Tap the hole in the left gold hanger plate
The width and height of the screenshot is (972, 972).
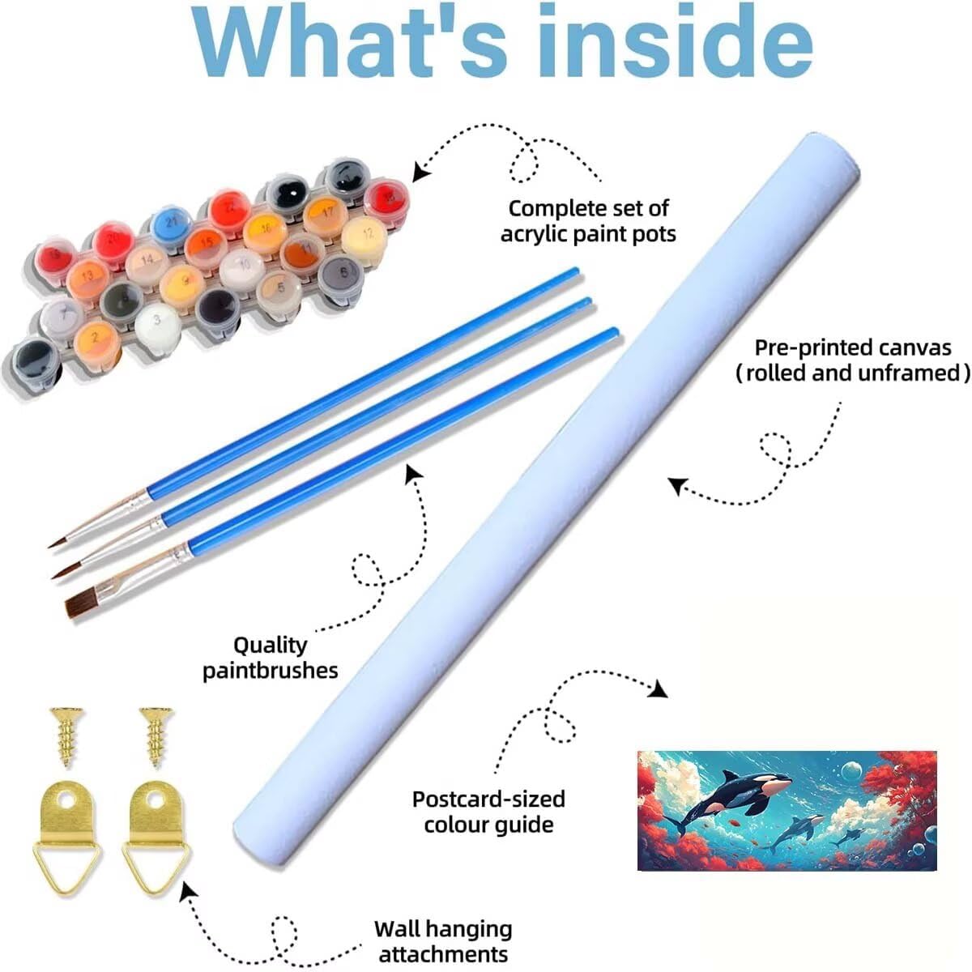[66, 799]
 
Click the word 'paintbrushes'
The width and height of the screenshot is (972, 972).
[271, 671]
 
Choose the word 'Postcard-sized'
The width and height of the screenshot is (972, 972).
[488, 799]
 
